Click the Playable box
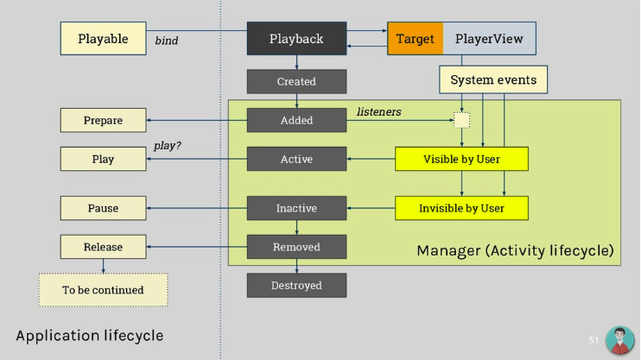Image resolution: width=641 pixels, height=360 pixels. (x=104, y=39)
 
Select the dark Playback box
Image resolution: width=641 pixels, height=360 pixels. (x=296, y=39)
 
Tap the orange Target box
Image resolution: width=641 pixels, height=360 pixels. (x=415, y=39)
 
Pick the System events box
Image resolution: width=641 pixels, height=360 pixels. (x=493, y=80)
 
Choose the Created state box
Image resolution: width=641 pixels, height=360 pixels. (x=296, y=81)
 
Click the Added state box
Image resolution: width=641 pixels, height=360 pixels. (x=296, y=120)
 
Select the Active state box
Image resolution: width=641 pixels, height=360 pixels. (x=296, y=160)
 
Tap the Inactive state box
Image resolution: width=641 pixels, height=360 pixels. (x=296, y=208)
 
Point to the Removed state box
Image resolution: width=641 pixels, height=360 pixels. (x=296, y=247)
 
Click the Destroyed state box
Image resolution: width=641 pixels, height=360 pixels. (x=296, y=286)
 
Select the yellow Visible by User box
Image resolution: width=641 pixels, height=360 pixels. (x=460, y=160)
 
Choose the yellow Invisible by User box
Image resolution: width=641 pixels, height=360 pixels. (x=460, y=208)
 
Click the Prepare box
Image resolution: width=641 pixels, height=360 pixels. (x=103, y=120)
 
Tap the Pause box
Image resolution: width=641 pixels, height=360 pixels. (x=103, y=208)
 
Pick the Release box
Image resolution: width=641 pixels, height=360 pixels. (x=103, y=247)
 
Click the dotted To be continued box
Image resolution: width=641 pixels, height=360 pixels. (x=103, y=290)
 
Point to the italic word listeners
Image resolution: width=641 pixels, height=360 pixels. (x=379, y=112)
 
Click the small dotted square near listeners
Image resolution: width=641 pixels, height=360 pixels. (x=462, y=120)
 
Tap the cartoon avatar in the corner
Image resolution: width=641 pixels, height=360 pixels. (x=619, y=339)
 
